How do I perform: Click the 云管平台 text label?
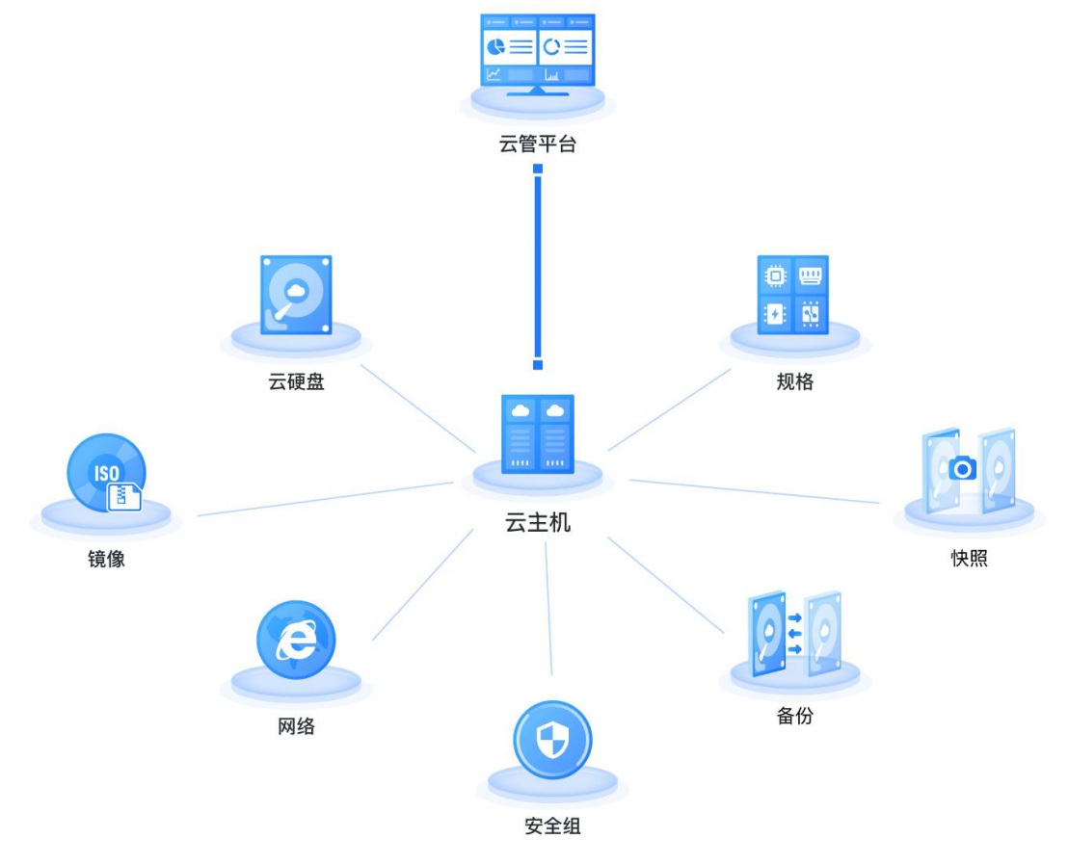coord(538,145)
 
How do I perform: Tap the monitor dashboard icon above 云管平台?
coord(538,52)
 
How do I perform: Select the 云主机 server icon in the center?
coord(538,434)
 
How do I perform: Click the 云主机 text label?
coord(538,523)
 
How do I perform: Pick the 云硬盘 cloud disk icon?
coord(296,294)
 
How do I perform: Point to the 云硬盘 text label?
coord(296,382)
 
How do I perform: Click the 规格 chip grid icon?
coord(793,294)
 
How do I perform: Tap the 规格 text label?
coord(794,382)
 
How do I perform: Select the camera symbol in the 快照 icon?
coord(963,468)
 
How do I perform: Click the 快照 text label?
coord(969,559)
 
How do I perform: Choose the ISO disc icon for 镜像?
coord(105,473)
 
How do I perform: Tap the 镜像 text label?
coord(106,559)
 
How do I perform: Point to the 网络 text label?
coord(296,726)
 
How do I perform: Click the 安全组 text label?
coord(552,826)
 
